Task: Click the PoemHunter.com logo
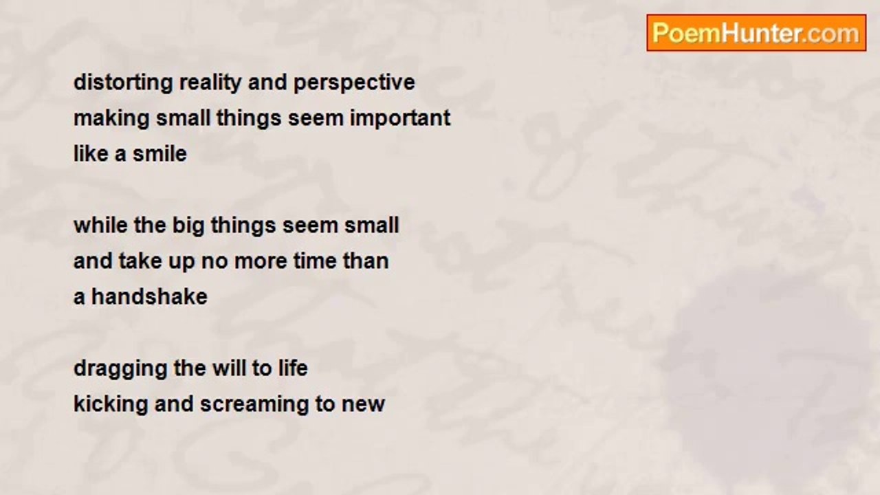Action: (x=756, y=33)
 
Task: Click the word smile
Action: (x=159, y=153)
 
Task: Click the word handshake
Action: (x=149, y=296)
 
